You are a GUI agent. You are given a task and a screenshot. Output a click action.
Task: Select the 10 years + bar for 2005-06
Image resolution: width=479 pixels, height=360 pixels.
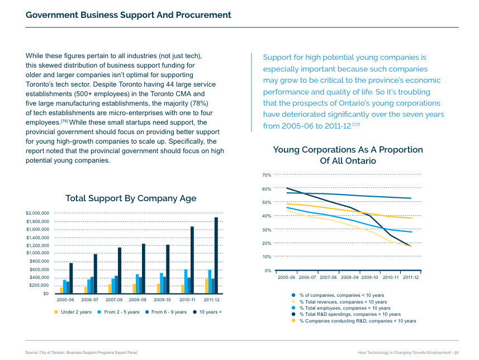point(71,278)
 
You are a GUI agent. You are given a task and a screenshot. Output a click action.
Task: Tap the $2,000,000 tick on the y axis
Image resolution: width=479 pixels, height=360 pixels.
point(38,213)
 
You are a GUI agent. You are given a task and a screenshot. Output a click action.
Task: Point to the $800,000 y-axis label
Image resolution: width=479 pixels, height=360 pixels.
point(40,262)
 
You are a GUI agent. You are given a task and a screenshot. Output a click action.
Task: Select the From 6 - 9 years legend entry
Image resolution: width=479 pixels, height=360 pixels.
point(169,312)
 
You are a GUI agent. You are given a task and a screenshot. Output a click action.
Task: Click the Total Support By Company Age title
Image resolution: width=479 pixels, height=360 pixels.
point(131,198)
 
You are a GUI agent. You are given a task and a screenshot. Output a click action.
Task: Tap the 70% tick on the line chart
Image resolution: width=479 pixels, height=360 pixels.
point(267,176)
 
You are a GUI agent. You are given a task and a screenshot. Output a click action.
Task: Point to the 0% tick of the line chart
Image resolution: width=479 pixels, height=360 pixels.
point(268,271)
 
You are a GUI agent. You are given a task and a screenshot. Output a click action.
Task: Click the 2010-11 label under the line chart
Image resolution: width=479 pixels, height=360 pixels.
point(390,277)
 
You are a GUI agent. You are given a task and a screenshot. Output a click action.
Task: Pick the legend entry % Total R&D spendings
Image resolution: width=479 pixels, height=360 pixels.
point(350,315)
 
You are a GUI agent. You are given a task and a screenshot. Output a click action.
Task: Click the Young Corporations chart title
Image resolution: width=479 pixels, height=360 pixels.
point(348,155)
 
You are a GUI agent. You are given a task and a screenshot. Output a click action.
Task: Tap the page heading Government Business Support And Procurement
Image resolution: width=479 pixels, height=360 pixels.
point(129,15)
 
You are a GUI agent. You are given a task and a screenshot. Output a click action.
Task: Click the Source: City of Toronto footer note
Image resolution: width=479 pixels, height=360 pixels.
point(82,352)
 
